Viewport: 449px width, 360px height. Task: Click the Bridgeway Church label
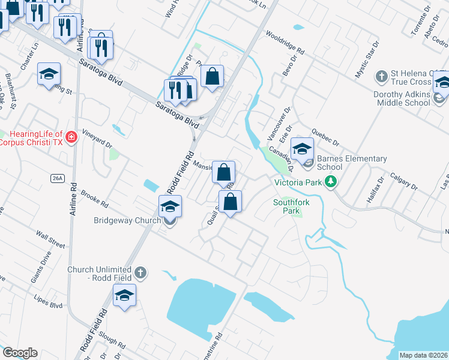tap(127, 220)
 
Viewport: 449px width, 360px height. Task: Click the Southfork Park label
tap(291, 206)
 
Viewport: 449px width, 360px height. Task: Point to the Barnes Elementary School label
tap(351, 163)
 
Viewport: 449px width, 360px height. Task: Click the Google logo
tap(20, 353)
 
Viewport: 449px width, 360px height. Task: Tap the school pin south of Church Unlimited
tap(124, 295)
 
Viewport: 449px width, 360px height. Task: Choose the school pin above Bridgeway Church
tap(170, 207)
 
